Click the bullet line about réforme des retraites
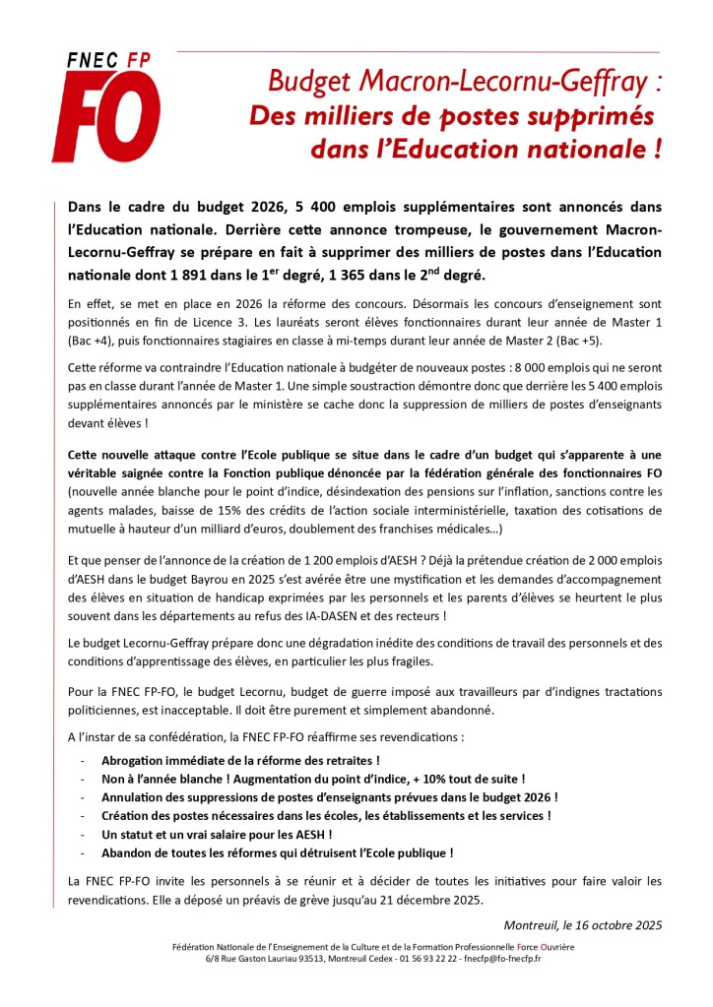click(240, 761)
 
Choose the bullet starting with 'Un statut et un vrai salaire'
click(216, 834)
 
